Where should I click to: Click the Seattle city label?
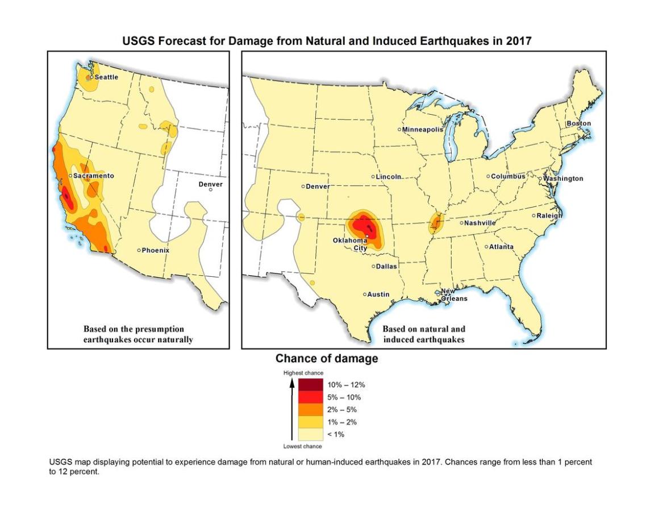[106, 77]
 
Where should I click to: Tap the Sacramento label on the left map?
[93, 176]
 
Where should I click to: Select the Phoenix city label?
[155, 250]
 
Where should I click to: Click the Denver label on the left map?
[210, 184]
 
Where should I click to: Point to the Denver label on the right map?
[318, 186]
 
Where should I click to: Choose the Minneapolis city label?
[422, 130]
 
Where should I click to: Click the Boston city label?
[578, 123]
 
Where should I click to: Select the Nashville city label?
[480, 223]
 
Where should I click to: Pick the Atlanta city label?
[501, 247]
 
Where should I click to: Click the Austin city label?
[378, 295]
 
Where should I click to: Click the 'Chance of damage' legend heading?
[326, 359]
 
